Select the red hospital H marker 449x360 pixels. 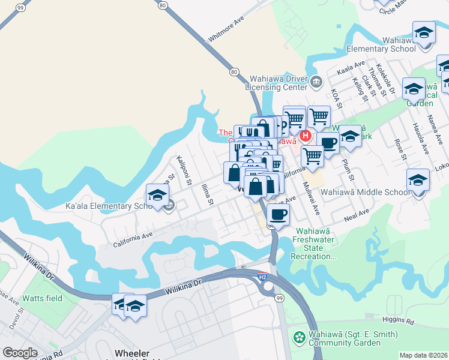[x=306, y=136]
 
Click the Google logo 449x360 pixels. [x=20, y=353]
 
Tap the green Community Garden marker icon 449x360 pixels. [x=298, y=338]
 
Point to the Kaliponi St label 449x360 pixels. [x=184, y=170]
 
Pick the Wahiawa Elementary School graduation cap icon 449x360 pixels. [x=424, y=32]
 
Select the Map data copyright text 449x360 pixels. [x=424, y=355]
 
